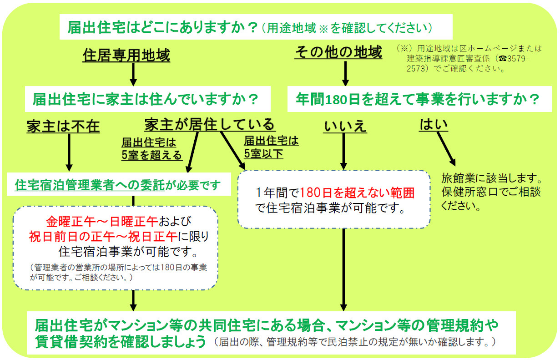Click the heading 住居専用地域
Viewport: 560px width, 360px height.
(x=126, y=56)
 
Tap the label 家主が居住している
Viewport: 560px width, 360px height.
(x=210, y=124)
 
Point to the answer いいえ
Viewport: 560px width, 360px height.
(x=345, y=126)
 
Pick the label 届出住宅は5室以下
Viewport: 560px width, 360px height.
(x=271, y=147)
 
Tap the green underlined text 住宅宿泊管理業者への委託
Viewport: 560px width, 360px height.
(x=89, y=185)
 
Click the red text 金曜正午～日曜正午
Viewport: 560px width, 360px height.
(x=101, y=222)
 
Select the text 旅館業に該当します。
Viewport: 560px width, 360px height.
(x=491, y=177)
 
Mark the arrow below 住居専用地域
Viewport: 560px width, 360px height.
(x=133, y=74)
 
